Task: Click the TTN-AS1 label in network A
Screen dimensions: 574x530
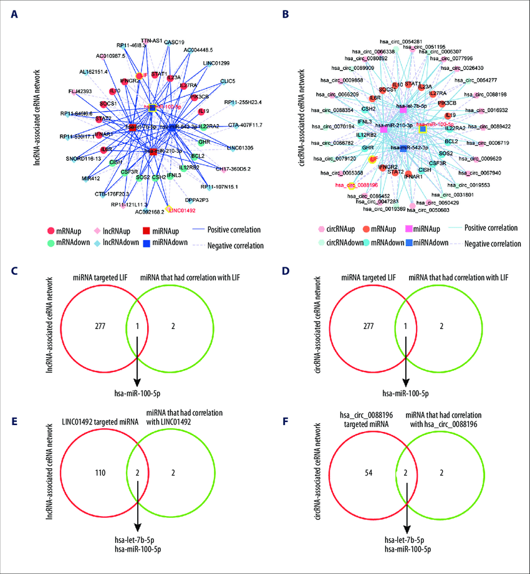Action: tap(151, 41)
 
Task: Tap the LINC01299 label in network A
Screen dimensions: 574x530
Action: tap(216, 63)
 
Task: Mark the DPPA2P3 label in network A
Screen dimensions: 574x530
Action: tap(197, 200)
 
